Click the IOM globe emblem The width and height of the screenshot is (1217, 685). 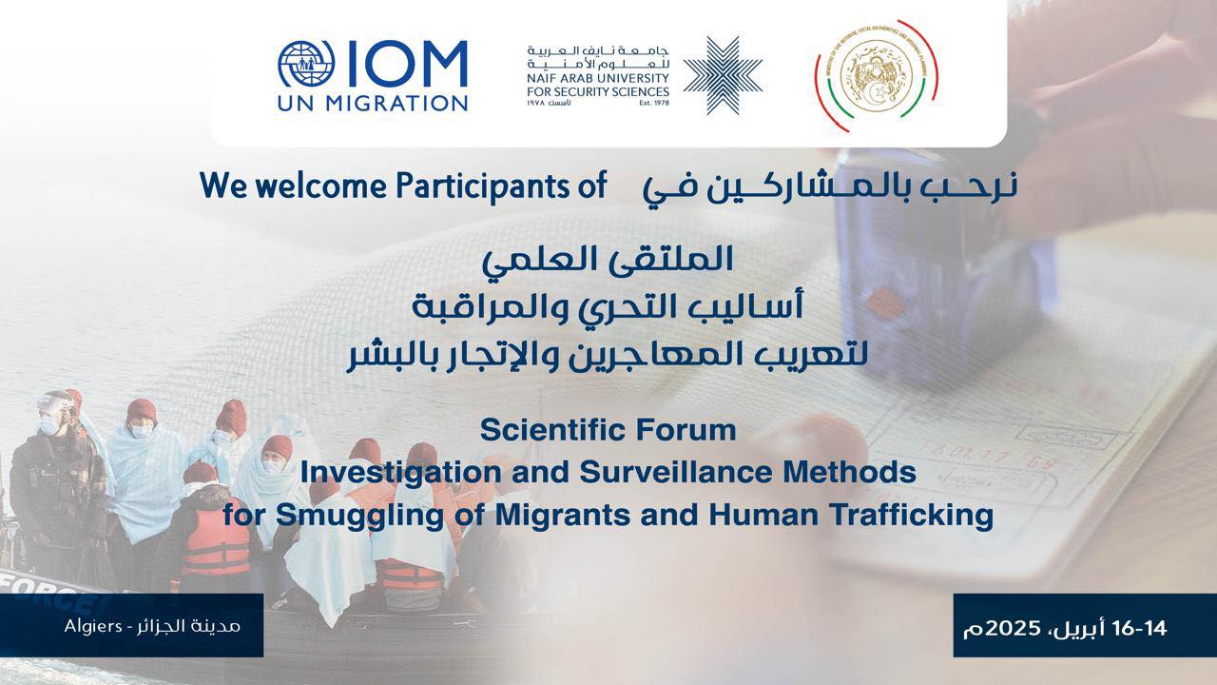[x=302, y=65]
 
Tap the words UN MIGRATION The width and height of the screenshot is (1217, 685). [x=373, y=102]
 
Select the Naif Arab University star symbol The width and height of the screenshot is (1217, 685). [x=723, y=75]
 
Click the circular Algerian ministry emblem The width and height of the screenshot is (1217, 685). [x=876, y=76]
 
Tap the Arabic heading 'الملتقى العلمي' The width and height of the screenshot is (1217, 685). [x=608, y=259]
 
